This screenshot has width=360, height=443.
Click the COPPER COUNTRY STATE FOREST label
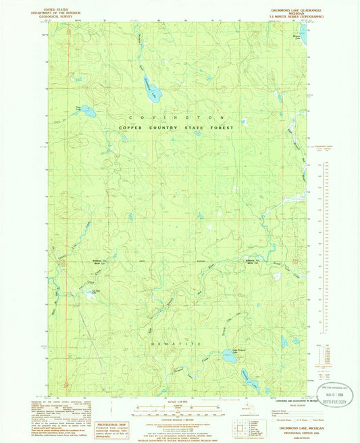coord(176,127)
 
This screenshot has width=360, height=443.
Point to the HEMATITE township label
coord(177,344)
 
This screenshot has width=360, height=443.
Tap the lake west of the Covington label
coord(87,109)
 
